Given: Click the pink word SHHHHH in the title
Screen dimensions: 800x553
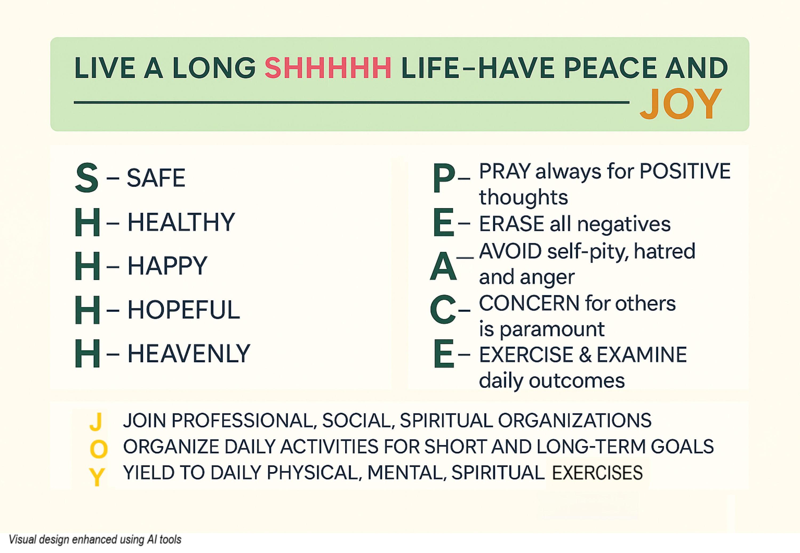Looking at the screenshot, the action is [328, 68].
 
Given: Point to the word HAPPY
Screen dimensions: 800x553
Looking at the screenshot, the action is [167, 266].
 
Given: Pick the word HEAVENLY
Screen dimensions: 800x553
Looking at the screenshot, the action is [189, 353].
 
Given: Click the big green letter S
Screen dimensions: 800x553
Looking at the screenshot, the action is [87, 178].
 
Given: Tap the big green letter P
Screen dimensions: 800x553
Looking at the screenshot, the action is [444, 178].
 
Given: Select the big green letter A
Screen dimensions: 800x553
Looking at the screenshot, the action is [443, 266].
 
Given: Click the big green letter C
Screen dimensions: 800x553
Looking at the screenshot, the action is [442, 309].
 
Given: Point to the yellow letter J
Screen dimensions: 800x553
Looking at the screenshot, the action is [96, 421].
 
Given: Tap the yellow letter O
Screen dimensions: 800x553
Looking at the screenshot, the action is [99, 449].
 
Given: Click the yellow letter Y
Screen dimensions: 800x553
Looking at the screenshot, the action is [97, 477].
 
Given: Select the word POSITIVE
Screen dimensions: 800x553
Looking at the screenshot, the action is [685, 171].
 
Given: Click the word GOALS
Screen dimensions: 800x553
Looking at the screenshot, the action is [682, 446].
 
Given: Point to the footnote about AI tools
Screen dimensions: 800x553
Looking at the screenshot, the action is [95, 539].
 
